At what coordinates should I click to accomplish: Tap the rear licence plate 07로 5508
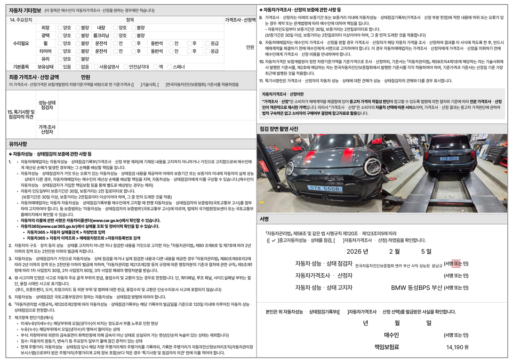coord(449,159)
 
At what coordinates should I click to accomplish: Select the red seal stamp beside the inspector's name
coord(455,264)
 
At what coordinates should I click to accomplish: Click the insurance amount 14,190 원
coord(457,347)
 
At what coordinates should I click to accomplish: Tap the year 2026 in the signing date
coord(357,252)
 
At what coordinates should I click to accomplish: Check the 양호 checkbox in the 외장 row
coord(60,28)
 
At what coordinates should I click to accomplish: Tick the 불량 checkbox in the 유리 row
coord(78,59)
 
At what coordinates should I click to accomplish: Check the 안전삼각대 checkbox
coord(127,67)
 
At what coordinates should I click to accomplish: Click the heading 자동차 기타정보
coord(23,10)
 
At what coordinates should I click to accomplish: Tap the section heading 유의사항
coord(18,144)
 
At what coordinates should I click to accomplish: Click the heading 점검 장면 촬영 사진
coord(279,128)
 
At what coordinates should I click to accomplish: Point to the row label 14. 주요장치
coord(21,20)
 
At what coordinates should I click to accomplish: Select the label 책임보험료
coord(386,347)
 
